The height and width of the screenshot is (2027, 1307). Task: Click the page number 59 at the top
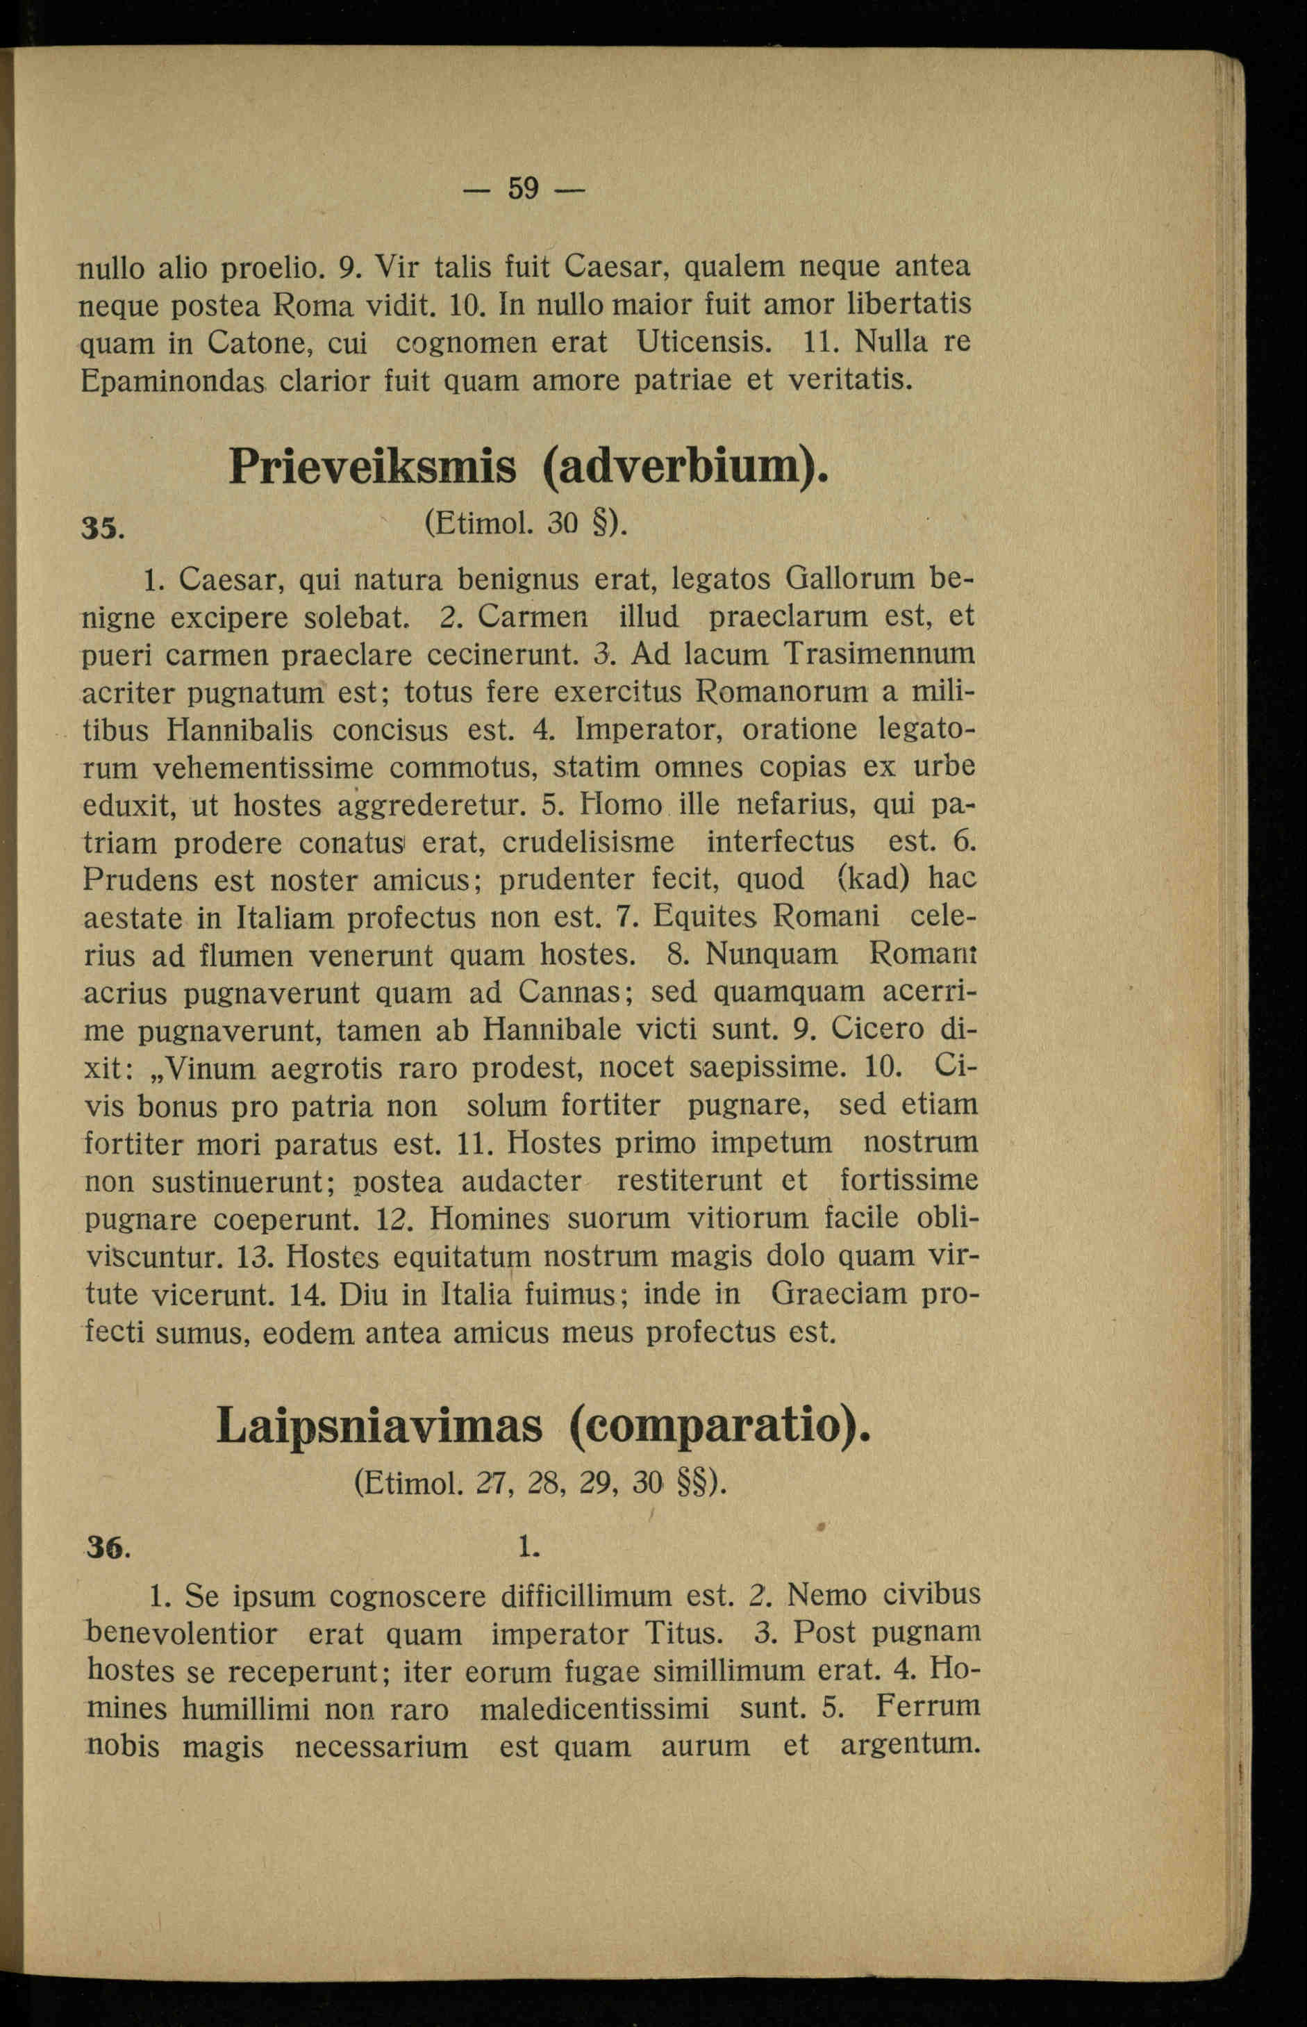coord(524,188)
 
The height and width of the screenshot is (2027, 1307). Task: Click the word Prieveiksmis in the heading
coord(372,466)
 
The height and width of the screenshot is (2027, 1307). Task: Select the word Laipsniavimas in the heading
coord(378,1425)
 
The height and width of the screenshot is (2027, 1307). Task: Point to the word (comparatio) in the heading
coord(719,1425)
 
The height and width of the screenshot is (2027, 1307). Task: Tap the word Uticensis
coord(703,342)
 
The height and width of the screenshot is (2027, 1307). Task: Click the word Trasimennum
coord(879,654)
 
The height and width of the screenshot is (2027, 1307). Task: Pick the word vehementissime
coord(263,768)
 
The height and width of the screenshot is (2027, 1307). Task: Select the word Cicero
coord(878,1029)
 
